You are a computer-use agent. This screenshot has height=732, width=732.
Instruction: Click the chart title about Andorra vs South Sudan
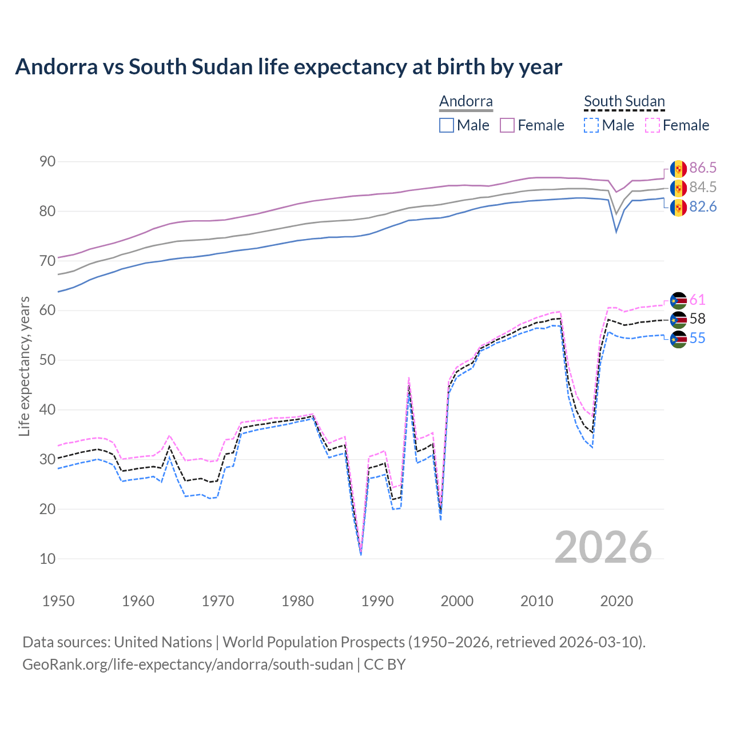[x=289, y=67]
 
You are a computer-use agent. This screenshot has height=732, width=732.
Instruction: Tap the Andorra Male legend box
[x=447, y=125]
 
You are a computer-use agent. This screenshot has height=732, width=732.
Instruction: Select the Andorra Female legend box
[x=507, y=125]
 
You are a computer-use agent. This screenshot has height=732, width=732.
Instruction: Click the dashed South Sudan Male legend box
[x=591, y=125]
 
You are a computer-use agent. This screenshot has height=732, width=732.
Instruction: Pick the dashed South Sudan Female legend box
[x=653, y=125]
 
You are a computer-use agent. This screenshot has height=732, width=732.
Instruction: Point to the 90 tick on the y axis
[x=47, y=162]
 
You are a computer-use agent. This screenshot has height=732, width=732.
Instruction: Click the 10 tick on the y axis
[x=47, y=559]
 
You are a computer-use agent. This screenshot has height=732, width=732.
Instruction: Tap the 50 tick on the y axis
[x=47, y=360]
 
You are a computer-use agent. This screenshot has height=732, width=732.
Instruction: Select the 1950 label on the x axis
[x=58, y=601]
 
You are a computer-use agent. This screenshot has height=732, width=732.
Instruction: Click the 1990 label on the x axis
[x=377, y=601]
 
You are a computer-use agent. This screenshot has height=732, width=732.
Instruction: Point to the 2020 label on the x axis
[x=616, y=601]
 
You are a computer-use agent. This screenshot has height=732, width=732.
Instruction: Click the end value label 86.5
[x=703, y=168]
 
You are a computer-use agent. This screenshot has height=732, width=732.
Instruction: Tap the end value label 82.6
[x=703, y=207]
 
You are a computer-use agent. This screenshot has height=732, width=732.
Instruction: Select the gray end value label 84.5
[x=703, y=188]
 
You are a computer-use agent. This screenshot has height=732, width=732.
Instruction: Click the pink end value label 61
[x=697, y=300]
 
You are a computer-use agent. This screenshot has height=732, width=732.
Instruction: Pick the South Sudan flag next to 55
[x=678, y=339]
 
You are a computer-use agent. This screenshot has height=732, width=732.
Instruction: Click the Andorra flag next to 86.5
[x=678, y=169]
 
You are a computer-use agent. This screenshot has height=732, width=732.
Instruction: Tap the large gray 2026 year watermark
[x=603, y=547]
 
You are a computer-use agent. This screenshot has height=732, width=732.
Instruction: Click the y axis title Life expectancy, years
[x=25, y=366]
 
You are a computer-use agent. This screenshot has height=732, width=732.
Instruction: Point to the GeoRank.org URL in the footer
[x=188, y=665]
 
